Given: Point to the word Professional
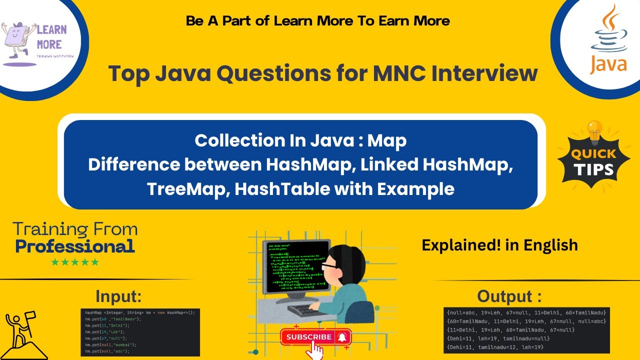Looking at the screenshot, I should click(75, 246).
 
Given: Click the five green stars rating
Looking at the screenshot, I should click(75, 262).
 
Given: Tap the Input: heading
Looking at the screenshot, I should click(119, 296).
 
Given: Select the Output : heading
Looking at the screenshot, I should click(509, 296).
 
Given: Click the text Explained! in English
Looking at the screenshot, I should click(499, 245).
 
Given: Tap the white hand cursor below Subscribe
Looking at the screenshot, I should click(314, 351).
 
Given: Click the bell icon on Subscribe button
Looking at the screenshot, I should click(342, 337).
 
